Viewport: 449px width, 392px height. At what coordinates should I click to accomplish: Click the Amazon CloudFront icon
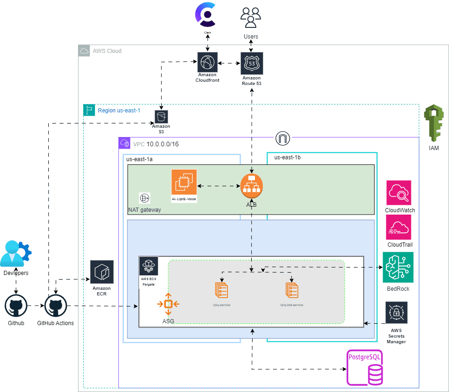207,63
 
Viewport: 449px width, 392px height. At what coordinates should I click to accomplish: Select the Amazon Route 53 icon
252,63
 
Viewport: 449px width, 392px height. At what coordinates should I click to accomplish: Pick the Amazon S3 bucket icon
161,116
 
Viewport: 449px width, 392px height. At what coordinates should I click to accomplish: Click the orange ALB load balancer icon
252,185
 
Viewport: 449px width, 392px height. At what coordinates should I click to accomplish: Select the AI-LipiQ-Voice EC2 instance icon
184,182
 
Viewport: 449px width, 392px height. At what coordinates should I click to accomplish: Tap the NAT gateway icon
144,198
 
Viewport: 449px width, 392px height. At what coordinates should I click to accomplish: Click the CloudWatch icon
399,193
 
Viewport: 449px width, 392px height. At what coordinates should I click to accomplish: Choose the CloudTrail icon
399,227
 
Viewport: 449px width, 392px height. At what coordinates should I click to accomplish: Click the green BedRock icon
398,268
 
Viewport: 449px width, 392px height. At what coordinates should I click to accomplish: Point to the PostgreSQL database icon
365,369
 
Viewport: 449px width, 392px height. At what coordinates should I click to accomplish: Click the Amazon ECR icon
102,272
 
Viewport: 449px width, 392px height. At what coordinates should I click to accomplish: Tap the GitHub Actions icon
55,307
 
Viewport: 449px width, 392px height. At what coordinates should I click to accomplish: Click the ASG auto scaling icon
168,305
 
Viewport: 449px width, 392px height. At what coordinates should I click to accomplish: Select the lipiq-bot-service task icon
292,290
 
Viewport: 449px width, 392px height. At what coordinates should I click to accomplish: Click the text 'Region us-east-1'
119,111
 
